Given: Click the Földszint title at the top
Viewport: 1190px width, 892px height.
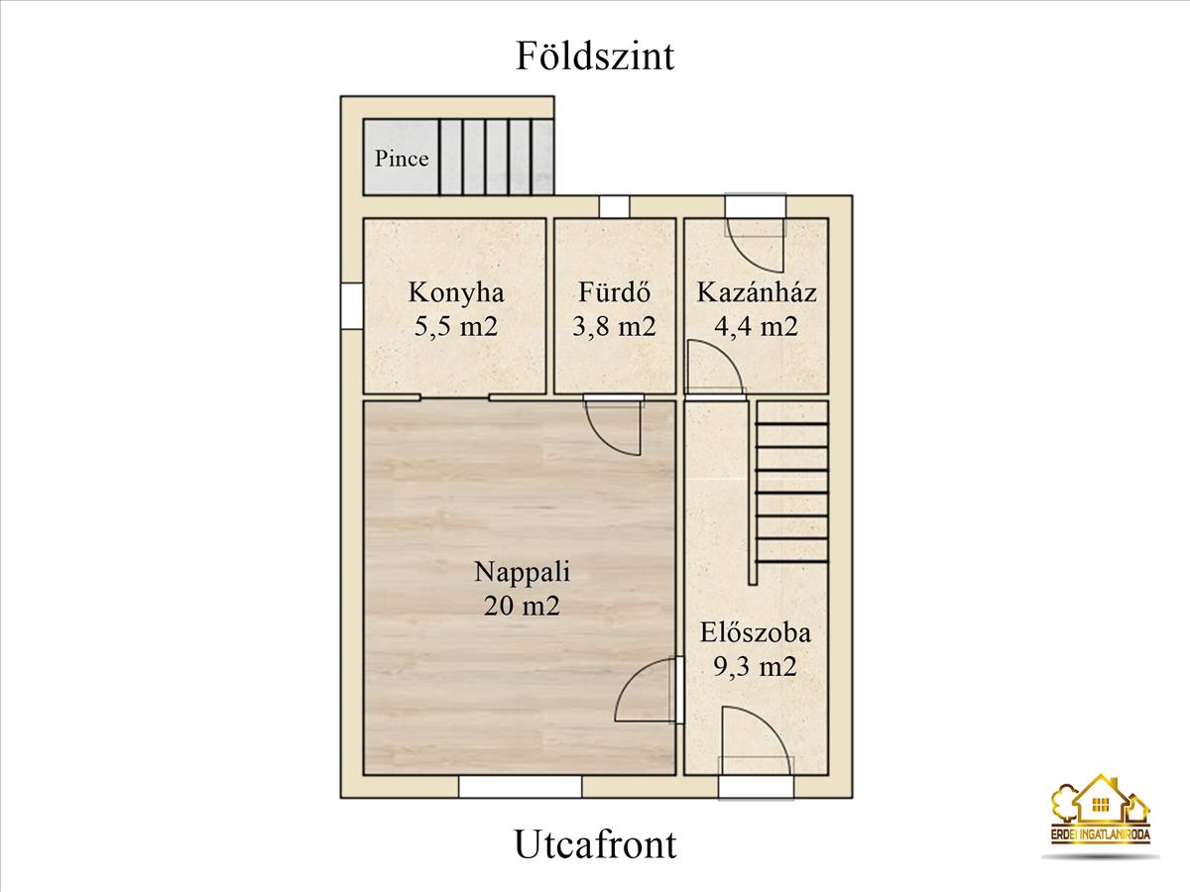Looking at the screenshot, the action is click(595, 56).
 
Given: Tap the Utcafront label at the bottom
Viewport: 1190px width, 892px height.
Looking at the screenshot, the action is click(595, 844).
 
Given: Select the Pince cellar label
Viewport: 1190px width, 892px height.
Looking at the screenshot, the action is click(402, 159).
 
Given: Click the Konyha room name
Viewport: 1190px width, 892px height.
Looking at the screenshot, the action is click(456, 292).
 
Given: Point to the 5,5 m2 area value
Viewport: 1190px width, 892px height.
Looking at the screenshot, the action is click(456, 326).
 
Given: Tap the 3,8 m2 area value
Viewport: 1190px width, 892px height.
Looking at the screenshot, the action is click(614, 326).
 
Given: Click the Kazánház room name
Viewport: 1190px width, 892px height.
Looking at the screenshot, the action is click(757, 292).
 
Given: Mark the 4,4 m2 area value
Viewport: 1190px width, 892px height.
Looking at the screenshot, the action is click(757, 326).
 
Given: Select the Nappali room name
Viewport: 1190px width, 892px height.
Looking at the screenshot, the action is click(522, 572).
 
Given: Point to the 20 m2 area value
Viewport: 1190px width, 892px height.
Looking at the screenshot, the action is click(522, 605).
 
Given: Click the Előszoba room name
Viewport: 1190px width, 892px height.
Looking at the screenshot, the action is click(756, 632).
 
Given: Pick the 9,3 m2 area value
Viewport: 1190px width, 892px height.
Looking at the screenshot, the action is click(756, 666).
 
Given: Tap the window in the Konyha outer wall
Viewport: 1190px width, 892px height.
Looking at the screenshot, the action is click(352, 305).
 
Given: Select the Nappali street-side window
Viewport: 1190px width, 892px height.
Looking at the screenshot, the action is click(520, 787).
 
